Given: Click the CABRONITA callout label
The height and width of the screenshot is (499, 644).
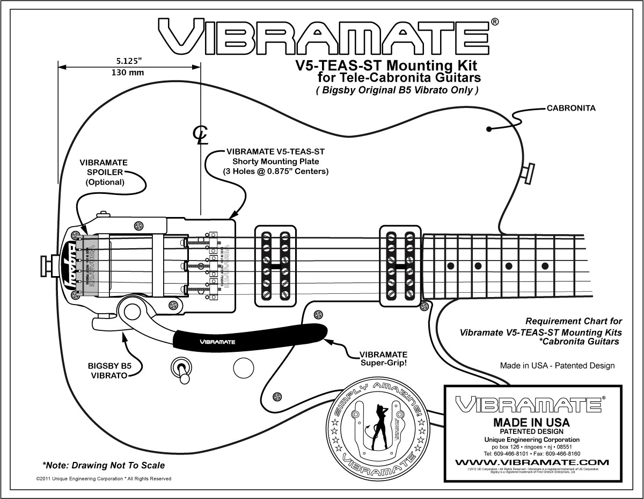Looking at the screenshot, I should click(x=571, y=108).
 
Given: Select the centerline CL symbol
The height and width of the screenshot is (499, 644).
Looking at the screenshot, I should click(x=201, y=135).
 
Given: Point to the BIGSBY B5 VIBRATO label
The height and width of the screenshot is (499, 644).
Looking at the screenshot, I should click(x=109, y=371).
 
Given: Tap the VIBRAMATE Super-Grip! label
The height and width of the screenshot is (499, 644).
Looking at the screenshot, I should click(x=383, y=359).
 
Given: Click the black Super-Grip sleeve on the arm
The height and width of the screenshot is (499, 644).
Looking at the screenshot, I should click(x=250, y=337).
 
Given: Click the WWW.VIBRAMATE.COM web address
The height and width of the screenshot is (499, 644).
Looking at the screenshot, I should click(x=532, y=462).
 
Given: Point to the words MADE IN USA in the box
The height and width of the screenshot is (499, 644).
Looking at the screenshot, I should click(x=531, y=422).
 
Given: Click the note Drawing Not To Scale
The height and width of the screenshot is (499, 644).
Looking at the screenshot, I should click(x=104, y=465).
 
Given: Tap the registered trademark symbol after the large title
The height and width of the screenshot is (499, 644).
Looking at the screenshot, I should click(x=494, y=22).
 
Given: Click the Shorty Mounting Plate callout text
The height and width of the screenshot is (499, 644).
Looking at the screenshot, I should click(x=275, y=162).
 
